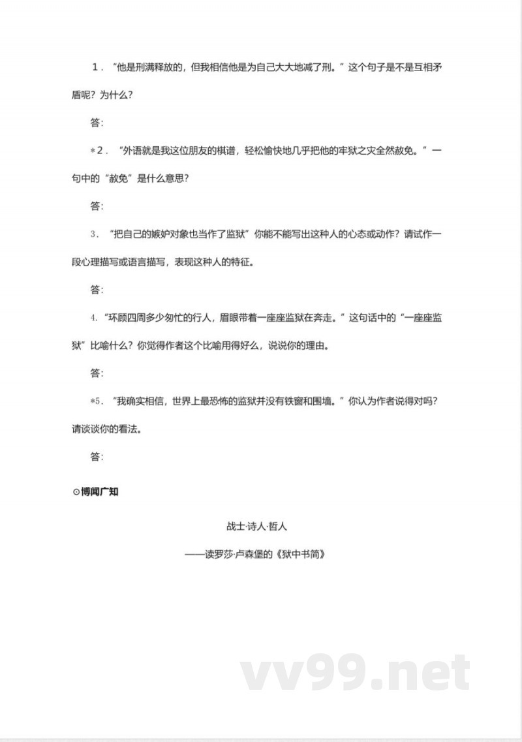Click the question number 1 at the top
(96, 67)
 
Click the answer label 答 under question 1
(97, 123)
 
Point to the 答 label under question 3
(97, 290)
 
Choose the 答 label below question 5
(97, 457)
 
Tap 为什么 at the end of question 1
(114, 95)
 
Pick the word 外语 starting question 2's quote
(132, 151)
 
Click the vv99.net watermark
(356, 672)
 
